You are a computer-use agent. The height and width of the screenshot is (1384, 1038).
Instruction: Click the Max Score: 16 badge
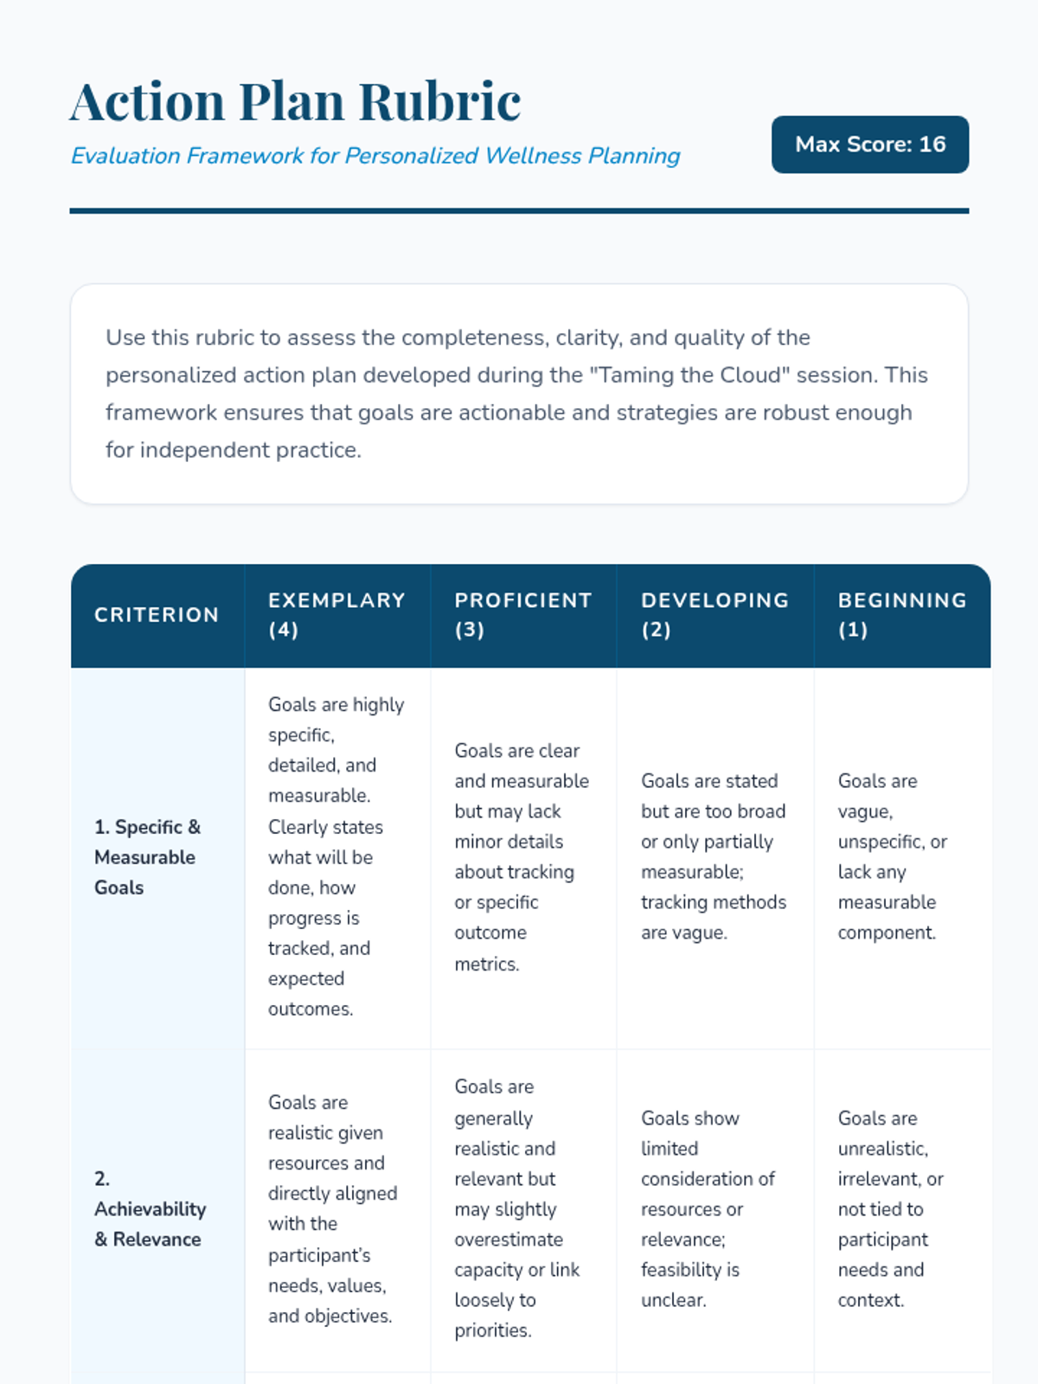tap(869, 144)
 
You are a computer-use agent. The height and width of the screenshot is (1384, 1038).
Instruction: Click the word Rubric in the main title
tap(439, 101)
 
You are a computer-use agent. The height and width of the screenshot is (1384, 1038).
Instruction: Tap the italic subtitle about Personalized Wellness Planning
tap(375, 156)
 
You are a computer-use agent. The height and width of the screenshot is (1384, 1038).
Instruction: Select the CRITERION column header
tap(157, 615)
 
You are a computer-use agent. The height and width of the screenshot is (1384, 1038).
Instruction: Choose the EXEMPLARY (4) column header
tap(336, 615)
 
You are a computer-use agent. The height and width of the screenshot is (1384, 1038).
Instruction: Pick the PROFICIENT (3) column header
tap(522, 615)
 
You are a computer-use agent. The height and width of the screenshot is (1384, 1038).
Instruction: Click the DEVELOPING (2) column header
tap(714, 615)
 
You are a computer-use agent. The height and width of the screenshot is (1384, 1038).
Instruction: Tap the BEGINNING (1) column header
tap(901, 615)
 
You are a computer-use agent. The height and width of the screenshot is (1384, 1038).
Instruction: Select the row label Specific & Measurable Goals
tap(147, 857)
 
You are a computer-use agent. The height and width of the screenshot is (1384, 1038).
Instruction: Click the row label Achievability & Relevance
tap(150, 1209)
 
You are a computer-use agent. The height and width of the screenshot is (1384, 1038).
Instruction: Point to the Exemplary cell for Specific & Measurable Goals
tap(336, 857)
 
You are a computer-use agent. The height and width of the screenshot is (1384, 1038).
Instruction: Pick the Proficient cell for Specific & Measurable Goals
tap(521, 857)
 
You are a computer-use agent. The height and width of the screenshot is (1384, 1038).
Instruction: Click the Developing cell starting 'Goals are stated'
tap(713, 857)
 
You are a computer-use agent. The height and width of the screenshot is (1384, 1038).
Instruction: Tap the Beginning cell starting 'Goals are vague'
tap(892, 857)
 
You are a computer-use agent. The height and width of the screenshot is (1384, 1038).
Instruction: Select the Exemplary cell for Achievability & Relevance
tap(332, 1209)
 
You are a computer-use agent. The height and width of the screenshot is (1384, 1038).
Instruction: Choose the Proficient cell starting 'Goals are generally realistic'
tap(516, 1209)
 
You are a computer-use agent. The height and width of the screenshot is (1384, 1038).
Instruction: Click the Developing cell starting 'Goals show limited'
tap(707, 1209)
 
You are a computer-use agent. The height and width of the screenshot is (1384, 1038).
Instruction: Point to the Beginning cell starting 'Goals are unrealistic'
tap(890, 1209)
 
